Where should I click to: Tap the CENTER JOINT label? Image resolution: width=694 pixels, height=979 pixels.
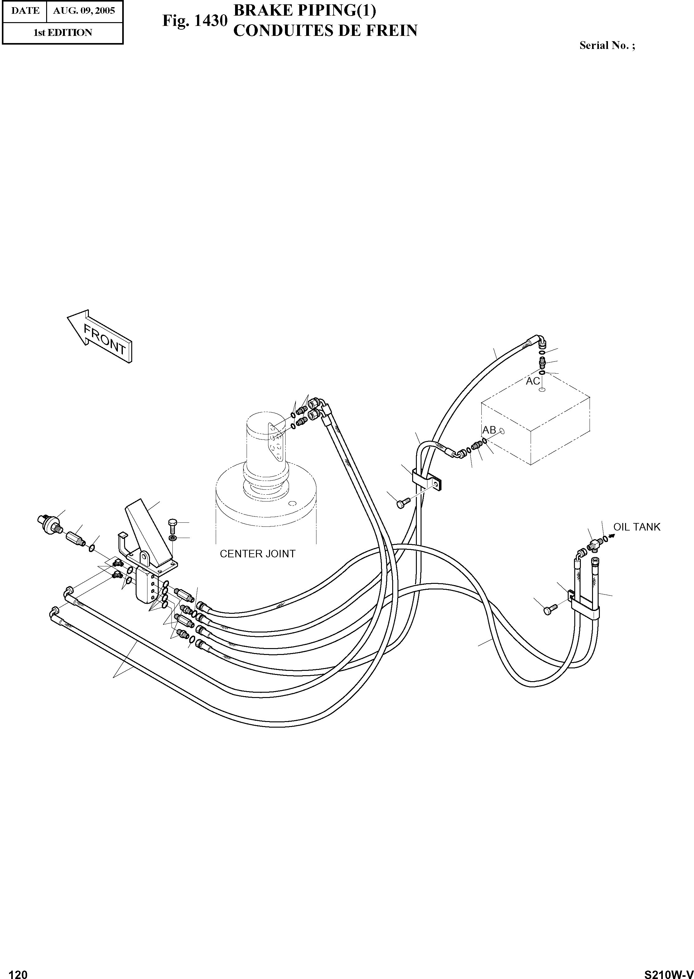click(257, 554)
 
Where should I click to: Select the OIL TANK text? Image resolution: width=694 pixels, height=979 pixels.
click(637, 527)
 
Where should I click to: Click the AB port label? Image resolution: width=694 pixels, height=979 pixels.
click(489, 430)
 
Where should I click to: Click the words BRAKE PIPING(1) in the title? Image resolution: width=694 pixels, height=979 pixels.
click(305, 11)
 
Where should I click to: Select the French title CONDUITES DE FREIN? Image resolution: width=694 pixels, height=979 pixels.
click(325, 31)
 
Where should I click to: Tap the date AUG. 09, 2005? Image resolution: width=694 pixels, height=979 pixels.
click(84, 10)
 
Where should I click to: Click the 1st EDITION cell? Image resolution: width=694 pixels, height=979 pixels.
click(62, 32)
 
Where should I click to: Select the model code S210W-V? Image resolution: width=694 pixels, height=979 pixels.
click(668, 971)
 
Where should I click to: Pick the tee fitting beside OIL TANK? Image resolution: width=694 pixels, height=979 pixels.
click(594, 544)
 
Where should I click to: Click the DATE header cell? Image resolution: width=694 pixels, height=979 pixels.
click(25, 10)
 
